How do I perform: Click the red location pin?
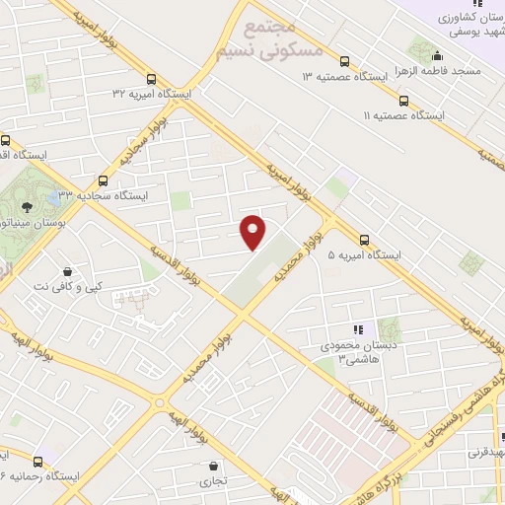point(253,231)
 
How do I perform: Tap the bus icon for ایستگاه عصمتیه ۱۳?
point(344,59)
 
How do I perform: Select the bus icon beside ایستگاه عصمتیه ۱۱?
point(402,100)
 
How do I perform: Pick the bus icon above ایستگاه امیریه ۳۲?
point(150,80)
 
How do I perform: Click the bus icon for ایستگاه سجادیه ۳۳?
point(103,180)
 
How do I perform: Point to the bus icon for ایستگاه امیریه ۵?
point(365,239)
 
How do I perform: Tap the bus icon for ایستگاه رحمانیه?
point(38,461)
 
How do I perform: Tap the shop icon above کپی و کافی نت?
point(66,271)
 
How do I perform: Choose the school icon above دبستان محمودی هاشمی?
point(358,329)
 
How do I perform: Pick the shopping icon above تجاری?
point(212,466)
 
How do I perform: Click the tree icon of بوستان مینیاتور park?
point(26,206)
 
